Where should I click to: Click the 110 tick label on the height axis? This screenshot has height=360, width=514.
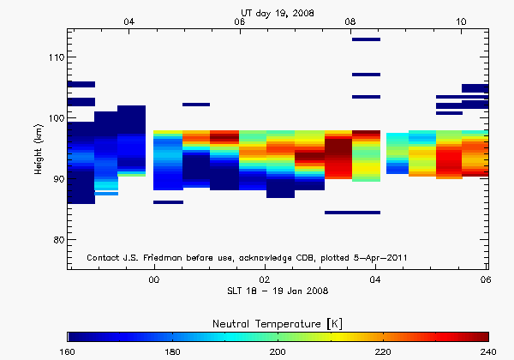[x=54, y=57]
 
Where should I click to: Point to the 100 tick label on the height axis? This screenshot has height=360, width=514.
[x=54, y=118]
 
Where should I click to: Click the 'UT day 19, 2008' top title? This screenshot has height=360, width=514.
[x=277, y=13]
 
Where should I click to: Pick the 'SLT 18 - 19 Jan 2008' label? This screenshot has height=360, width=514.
[x=277, y=291]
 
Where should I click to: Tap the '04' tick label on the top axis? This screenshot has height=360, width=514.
[x=129, y=21]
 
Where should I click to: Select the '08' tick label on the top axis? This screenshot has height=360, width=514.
[x=350, y=21]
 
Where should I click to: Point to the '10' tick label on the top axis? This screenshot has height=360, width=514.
[x=460, y=21]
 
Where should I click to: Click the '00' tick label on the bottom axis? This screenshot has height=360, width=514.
[x=154, y=279]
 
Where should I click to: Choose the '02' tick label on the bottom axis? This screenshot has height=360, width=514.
[x=265, y=279]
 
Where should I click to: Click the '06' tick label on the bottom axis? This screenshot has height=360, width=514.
[x=486, y=279]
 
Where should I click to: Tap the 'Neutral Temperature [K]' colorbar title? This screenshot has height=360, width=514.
[x=278, y=321]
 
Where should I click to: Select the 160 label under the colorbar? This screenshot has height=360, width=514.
[x=69, y=351]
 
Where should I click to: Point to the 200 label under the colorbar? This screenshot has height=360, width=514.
[x=278, y=351]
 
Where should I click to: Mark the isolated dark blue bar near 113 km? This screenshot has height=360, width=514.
[x=366, y=39]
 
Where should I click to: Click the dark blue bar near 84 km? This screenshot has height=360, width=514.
[x=352, y=213]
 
